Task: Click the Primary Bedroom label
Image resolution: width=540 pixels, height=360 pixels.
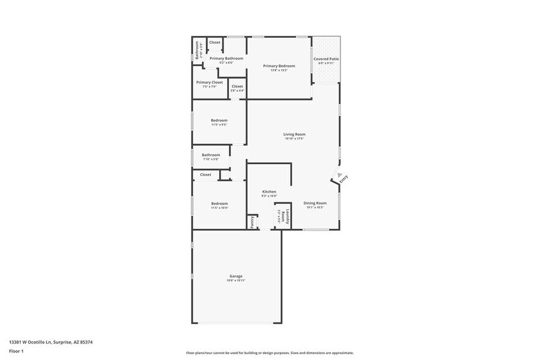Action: pyautogui.click(x=279, y=66)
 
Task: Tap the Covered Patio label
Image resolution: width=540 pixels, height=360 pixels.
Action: pyautogui.click(x=326, y=59)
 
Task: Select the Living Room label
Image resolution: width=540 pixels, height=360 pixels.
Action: pyautogui.click(x=294, y=134)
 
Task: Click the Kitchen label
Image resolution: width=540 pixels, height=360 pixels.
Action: pyautogui.click(x=269, y=192)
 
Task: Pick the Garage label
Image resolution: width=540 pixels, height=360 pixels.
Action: pyautogui.click(x=236, y=276)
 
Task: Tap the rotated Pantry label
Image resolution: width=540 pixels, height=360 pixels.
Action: pyautogui.click(x=252, y=222)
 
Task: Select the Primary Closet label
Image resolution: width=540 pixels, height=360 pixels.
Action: pyautogui.click(x=209, y=82)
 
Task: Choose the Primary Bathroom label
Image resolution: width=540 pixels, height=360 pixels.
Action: pyautogui.click(x=226, y=58)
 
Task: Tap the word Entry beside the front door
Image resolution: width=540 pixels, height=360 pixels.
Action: pyautogui.click(x=343, y=179)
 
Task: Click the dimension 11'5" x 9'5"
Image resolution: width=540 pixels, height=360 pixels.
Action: pyautogui.click(x=219, y=125)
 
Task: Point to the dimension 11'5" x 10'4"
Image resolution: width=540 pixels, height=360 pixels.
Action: pyautogui.click(x=219, y=208)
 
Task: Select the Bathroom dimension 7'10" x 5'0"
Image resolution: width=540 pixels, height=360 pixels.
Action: pyautogui.click(x=211, y=159)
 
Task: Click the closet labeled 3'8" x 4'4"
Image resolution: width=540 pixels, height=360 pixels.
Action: pyautogui.click(x=237, y=91)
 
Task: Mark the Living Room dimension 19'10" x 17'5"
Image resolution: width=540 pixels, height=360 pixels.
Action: pyautogui.click(x=294, y=139)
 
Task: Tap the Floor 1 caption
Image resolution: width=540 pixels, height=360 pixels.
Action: pyautogui.click(x=17, y=351)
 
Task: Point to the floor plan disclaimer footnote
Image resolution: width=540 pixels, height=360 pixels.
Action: pyautogui.click(x=269, y=353)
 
